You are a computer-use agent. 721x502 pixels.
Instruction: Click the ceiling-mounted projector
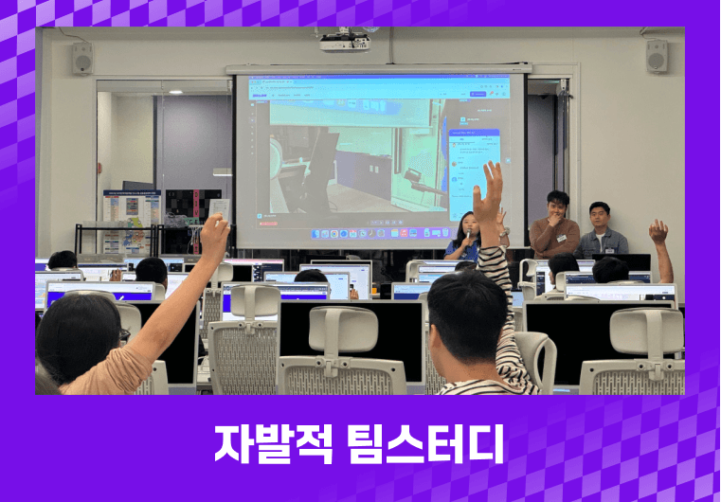point(344,41)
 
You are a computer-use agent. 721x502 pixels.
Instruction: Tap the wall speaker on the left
point(81,58)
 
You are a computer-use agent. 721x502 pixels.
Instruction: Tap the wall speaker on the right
point(657,56)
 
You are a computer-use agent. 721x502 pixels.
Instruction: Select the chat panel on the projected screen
point(473,170)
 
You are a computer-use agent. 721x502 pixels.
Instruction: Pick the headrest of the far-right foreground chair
point(646,331)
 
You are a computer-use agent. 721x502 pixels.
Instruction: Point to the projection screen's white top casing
point(378,68)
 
